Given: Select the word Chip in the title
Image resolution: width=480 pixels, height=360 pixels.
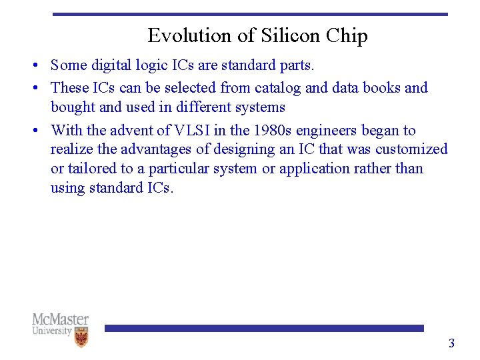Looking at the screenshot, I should click(x=347, y=35).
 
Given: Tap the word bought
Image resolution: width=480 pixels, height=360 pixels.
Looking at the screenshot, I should click(x=73, y=107).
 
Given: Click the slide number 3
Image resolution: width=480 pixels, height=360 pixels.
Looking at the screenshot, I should click(x=451, y=343).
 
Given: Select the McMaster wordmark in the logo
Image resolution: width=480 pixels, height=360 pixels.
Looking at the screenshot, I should click(x=60, y=319).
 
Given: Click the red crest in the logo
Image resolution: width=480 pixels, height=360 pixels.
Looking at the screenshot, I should click(x=81, y=337).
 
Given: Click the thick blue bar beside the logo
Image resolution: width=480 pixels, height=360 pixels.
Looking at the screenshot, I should click(x=264, y=328).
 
